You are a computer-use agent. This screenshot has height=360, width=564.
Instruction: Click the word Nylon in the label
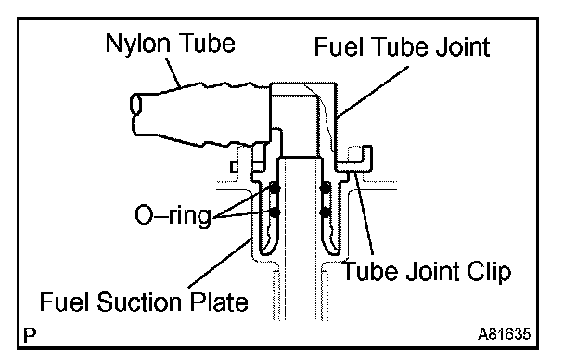pos(138,45)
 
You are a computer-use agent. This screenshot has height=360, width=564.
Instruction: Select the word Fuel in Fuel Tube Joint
pos(337,46)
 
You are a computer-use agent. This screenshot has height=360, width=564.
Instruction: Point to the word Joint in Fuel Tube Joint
pos(463,46)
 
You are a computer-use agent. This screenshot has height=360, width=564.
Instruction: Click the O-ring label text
pos(173,215)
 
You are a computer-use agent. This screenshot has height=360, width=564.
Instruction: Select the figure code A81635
pos(504,334)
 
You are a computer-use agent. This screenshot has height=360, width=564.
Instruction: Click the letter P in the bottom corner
pos(30,336)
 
